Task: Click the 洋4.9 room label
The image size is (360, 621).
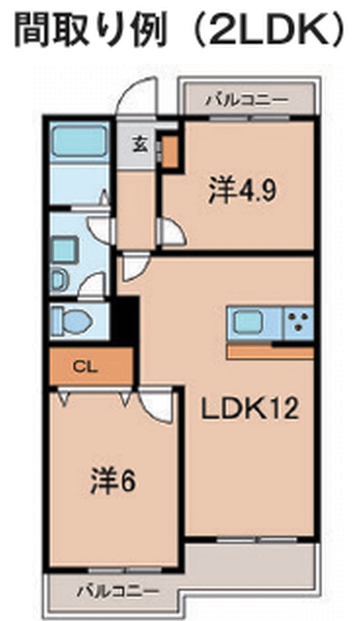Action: [242, 191]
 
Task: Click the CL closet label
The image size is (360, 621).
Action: [85, 368]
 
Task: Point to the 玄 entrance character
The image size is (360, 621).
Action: [140, 144]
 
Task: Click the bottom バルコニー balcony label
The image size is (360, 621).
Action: [117, 592]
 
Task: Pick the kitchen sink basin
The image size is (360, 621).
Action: [248, 322]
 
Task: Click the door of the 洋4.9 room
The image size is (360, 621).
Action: [172, 231]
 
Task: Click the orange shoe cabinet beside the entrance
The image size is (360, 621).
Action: [170, 152]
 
